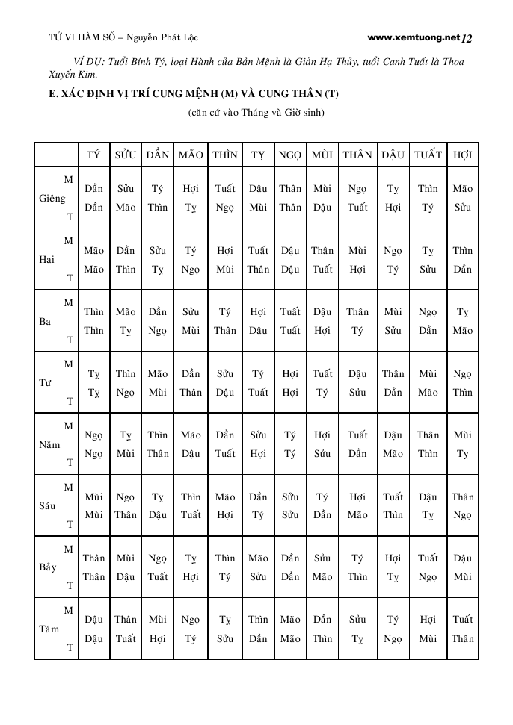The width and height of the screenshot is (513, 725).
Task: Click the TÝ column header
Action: pos(93,155)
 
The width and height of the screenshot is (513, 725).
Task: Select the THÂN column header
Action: pos(357,155)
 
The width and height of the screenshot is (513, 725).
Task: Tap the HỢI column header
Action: pos(463,155)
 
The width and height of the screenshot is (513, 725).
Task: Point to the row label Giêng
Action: pos(52,199)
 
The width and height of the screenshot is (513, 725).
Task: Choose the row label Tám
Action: pos(49,629)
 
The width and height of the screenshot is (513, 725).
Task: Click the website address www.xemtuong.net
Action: pos(413,37)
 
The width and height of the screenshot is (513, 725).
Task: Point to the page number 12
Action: pos(468,37)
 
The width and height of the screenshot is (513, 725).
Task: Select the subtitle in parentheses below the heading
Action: pos(256,113)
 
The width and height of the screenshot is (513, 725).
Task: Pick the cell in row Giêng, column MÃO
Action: pos(191,198)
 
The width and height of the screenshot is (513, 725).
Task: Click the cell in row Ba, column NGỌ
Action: pos(290,321)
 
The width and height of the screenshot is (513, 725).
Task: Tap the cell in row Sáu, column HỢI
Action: pos(463,505)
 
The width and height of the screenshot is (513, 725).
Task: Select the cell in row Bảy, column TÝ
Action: pos(93,567)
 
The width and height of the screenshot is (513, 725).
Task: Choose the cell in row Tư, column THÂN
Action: pos(357,383)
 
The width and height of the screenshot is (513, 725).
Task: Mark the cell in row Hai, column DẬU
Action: pos(393,260)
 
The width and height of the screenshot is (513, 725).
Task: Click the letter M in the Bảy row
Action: pos(69,550)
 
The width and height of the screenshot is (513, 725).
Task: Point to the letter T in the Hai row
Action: pos(70,278)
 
